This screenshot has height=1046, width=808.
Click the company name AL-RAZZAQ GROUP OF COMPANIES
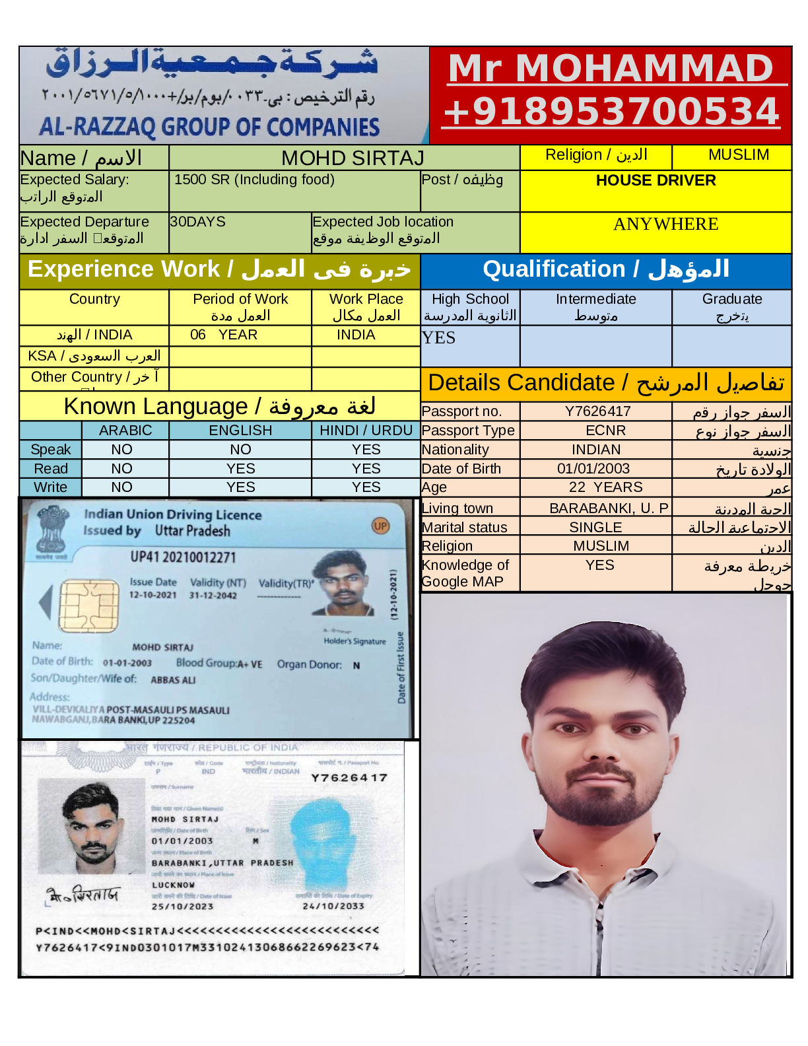click(209, 126)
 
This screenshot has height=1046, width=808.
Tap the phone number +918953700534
click(611, 111)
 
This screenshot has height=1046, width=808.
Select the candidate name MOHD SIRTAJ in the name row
click(353, 158)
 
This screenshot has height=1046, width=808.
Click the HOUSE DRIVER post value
click(656, 180)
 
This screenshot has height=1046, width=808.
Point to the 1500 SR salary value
click(254, 180)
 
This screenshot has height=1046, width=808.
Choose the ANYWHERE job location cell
click(665, 225)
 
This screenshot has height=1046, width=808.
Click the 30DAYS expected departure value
click(198, 222)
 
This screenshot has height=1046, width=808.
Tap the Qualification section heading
click(605, 269)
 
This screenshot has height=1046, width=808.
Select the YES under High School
click(439, 338)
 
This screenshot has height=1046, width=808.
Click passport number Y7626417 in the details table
click(597, 411)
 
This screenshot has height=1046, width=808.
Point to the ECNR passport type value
click(605, 431)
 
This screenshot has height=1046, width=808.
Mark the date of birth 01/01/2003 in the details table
click(593, 469)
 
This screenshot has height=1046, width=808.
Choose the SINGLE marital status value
click(595, 528)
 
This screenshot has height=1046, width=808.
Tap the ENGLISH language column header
click(240, 431)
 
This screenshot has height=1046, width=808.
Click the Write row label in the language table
click(51, 487)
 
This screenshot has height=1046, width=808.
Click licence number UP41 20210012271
click(183, 557)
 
